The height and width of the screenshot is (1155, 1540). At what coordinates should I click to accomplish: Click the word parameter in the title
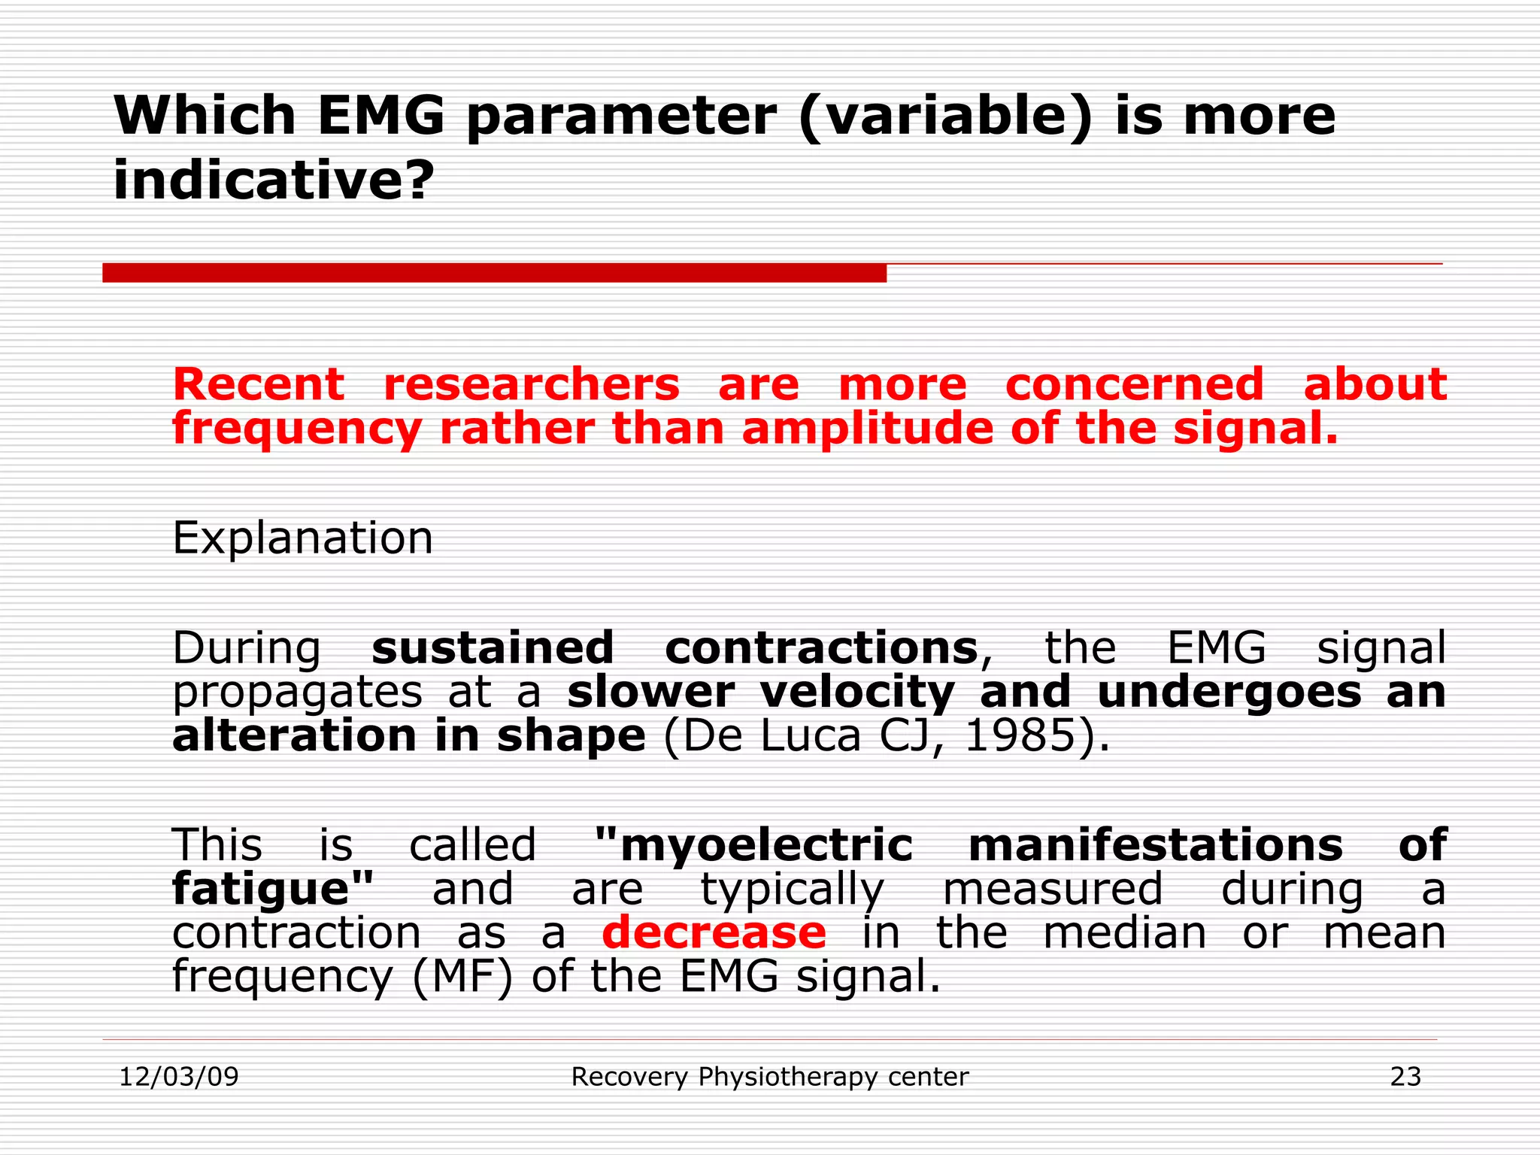621,119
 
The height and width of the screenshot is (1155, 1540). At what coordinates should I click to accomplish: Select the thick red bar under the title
494,273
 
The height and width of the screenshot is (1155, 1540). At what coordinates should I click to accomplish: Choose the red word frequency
296,430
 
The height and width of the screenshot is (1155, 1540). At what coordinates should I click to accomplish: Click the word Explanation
302,538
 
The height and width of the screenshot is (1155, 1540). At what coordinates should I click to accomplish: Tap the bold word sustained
493,648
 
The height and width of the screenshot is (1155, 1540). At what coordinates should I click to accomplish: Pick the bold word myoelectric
753,845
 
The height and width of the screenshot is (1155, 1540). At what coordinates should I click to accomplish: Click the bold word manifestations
1155,845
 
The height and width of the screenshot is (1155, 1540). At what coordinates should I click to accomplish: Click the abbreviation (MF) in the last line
462,978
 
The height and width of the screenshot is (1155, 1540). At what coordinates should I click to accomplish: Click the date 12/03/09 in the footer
179,1077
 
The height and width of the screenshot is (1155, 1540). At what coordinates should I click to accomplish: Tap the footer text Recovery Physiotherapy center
770,1077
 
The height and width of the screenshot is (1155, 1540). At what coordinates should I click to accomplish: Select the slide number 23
1405,1077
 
